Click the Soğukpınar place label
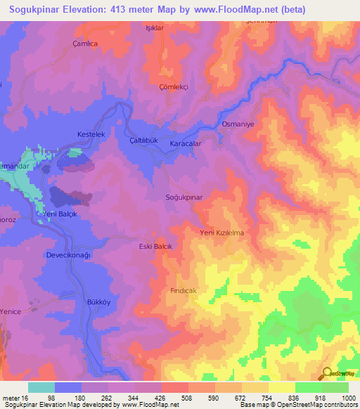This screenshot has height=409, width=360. (x=184, y=198)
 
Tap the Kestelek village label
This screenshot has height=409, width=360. (x=90, y=134)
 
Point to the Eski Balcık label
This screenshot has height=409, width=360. (x=155, y=247)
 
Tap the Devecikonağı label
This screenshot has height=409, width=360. (x=69, y=255)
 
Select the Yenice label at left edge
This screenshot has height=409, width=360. (x=11, y=311)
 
